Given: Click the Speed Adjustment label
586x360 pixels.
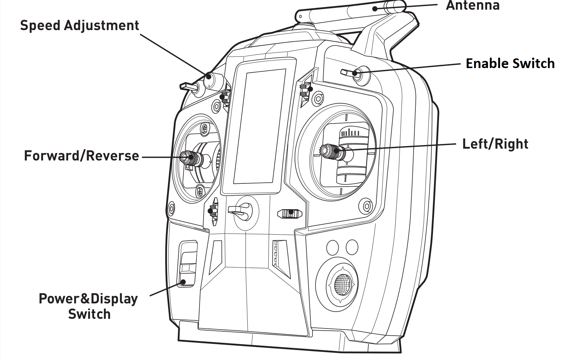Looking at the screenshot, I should click(79, 26).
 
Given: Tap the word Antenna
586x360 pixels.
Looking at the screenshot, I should click(472, 5).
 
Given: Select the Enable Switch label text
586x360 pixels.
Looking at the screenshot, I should click(510, 63).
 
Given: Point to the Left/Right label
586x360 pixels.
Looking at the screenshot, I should click(495, 144).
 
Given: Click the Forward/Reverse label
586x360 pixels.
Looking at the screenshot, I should click(81, 156).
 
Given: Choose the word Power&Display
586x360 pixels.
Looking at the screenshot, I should click(88, 299).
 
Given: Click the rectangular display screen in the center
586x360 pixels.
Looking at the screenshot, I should click(259, 126).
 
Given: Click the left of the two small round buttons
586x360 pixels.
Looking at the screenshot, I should click(333, 247).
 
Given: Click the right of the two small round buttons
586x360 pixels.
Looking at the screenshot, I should click(352, 247).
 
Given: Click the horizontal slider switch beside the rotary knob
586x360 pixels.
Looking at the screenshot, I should click(290, 213).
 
